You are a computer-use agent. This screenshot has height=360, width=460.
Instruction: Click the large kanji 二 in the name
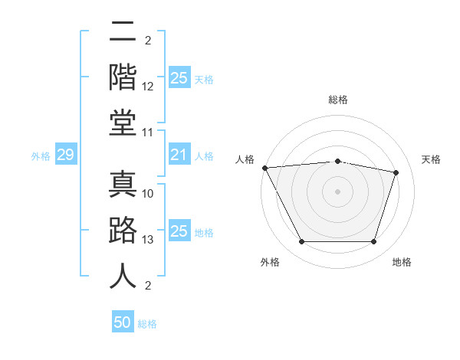pos(123,33)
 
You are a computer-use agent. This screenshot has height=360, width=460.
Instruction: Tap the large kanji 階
pos(123,77)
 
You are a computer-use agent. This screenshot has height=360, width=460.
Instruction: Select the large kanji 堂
pos(123,123)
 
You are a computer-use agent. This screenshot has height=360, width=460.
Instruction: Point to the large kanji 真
pos(123,184)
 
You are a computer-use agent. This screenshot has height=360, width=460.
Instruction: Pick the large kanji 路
pos(123,231)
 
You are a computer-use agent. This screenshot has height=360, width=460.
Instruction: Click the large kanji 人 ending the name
pos(123,277)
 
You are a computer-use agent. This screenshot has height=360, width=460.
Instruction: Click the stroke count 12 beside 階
pos(149,87)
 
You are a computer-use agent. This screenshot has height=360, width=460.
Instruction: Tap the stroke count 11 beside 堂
pos(148,133)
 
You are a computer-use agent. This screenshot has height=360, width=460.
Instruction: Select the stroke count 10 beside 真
pos(148,194)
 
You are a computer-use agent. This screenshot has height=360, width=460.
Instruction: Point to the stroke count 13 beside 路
pos(148,240)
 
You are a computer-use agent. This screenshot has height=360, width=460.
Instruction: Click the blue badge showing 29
pos(65,155)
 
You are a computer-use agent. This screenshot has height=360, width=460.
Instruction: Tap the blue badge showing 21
pos(179,155)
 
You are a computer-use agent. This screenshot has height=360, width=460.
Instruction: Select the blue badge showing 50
pos(123,322)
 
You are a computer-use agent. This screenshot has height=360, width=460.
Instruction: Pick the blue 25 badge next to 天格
pos(179,78)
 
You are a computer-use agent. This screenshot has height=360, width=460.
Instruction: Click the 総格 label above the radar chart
pos(338,100)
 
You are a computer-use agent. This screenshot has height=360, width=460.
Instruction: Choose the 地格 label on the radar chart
pos(402,262)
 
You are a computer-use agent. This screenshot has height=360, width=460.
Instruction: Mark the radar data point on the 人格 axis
pos(264,167)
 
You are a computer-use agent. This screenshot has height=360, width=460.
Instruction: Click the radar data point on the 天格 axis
pos(396,172)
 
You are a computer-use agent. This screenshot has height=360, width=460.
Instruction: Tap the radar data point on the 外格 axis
pos(301,242)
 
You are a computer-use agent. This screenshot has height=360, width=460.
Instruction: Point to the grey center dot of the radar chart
pos(338,191)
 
